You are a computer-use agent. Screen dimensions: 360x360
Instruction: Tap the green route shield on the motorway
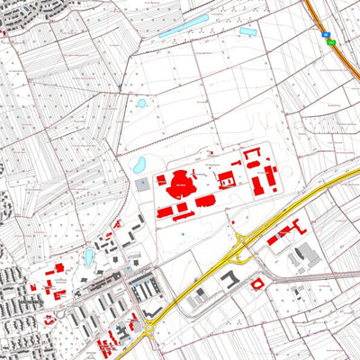[x=330, y=42]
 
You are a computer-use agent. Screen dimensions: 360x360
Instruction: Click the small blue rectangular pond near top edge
[x=247, y=32]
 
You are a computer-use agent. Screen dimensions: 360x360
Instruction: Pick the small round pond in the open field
[x=141, y=103]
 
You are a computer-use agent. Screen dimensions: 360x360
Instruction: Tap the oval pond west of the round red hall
[x=139, y=166]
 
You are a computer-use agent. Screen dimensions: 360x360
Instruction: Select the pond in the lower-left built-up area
[x=89, y=257]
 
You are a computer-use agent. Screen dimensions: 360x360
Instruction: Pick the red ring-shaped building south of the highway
[x=258, y=284]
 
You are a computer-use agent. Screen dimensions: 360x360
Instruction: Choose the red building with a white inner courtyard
[x=227, y=181]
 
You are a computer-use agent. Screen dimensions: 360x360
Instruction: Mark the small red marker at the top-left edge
[x=4, y=33]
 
